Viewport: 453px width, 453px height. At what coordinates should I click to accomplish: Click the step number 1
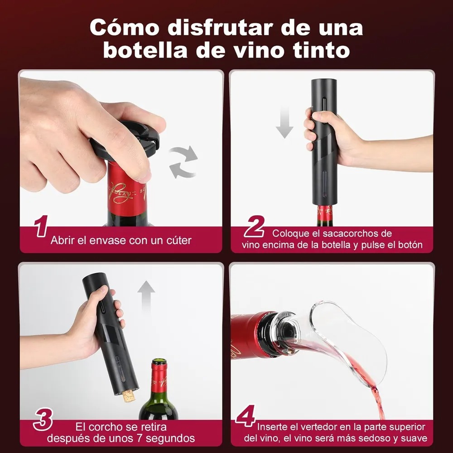[41, 228]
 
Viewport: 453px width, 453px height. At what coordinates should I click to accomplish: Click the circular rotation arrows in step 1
[183, 162]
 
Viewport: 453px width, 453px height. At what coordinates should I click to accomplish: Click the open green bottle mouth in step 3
[159, 362]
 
